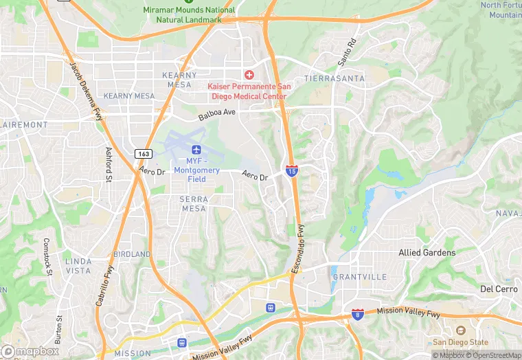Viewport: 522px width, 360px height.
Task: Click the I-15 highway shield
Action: click(292, 170)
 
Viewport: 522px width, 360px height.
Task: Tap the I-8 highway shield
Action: click(357, 314)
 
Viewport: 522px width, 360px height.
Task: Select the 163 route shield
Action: click(144, 155)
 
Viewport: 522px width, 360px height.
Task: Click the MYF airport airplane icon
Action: click(196, 150)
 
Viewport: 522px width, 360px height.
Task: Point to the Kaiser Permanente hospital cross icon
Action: click(248, 74)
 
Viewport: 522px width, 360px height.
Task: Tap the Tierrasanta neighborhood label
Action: click(334, 79)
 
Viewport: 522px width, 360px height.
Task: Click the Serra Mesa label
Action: click(194, 203)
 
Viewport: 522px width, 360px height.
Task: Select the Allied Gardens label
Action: click(427, 253)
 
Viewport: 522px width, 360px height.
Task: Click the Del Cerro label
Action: click(499, 289)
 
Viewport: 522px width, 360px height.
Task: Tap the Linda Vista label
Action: click(78, 266)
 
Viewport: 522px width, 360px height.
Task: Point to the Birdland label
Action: click(132, 254)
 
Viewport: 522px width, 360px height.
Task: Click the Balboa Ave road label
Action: click(217, 115)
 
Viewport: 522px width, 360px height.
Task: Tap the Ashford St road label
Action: click(109, 165)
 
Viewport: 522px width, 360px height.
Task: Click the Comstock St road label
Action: click(47, 256)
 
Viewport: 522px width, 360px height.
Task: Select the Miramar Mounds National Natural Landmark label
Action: click(189, 14)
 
